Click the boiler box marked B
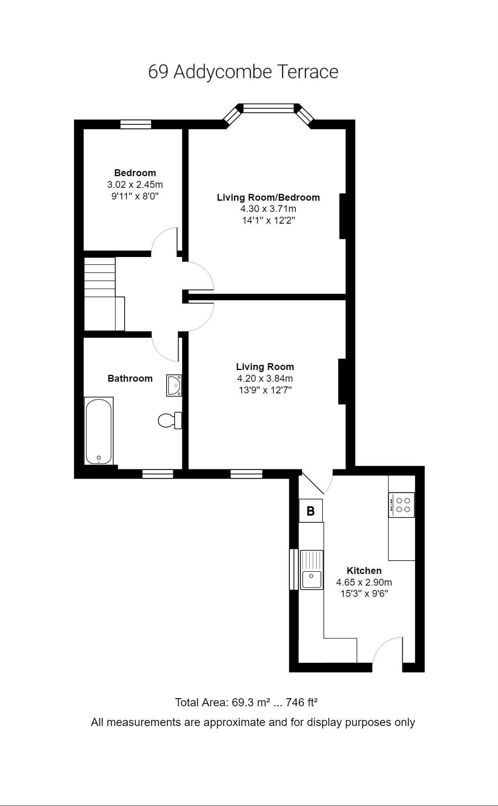coord(311,511)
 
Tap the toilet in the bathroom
coord(169,421)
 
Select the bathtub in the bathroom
coord(99,431)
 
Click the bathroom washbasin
coord(174,385)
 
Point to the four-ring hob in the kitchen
coord(401,505)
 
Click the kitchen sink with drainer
coord(312,570)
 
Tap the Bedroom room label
coord(135,173)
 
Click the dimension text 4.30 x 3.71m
coord(268,209)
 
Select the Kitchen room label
coord(364,570)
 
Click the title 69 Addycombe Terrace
coord(243,72)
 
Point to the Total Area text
coord(246,703)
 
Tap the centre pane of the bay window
coord(268,108)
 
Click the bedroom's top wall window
coord(136,124)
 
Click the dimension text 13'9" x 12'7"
coord(265,390)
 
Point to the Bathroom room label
coord(130,378)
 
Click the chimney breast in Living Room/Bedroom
coord(343,216)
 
